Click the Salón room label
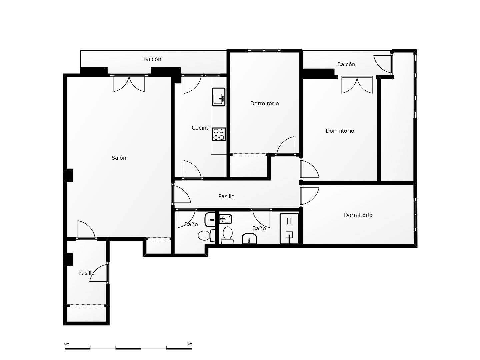tap(119, 158)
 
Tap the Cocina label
tap(200, 128)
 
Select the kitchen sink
tap(218, 97)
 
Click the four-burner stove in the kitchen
tap(219, 134)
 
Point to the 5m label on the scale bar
tap(190, 344)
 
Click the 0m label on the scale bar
tap(67, 344)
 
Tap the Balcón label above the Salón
tap(152, 59)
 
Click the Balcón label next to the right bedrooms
tap(346, 64)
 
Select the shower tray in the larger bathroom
tap(289, 228)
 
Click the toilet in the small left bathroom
tap(206, 235)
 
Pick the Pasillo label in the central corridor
tap(226, 197)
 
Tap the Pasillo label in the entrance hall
tap(86, 273)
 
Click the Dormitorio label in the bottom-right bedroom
tap(358, 215)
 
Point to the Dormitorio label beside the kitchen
tap(265, 103)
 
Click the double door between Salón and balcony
tap(129, 83)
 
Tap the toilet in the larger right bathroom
tap(228, 235)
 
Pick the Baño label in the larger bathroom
tap(259, 228)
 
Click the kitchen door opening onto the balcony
tap(192, 84)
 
